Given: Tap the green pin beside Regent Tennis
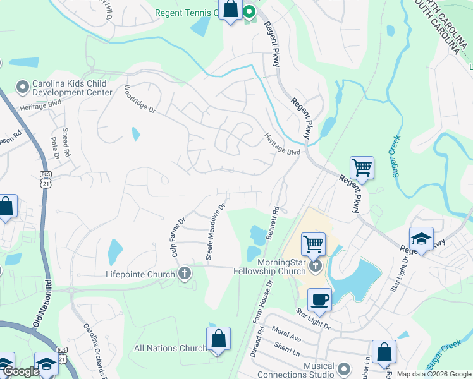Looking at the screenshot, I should [x=249, y=11].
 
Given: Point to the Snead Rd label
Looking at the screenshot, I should [x=66, y=145].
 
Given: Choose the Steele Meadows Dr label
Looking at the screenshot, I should [x=216, y=231].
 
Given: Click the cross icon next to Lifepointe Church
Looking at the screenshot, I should [x=185, y=274].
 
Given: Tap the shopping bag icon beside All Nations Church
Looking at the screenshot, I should [x=218, y=338].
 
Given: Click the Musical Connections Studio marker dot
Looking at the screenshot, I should [x=344, y=368].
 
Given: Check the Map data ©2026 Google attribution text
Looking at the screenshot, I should [x=434, y=374].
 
